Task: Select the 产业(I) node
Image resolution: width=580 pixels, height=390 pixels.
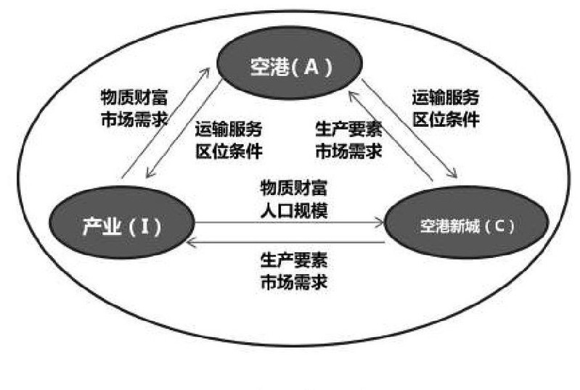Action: tap(121, 222)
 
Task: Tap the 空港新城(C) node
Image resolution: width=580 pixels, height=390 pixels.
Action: tap(467, 222)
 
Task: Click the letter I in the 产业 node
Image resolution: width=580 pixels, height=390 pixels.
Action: tap(145, 226)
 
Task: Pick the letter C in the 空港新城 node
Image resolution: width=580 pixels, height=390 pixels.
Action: tap(498, 225)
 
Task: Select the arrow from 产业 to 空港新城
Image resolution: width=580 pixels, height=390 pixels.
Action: tap(289, 223)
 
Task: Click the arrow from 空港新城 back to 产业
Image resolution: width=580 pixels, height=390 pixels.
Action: tap(285, 242)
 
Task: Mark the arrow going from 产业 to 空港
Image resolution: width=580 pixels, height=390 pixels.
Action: tap(166, 123)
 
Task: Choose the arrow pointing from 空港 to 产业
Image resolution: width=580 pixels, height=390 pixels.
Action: tap(184, 128)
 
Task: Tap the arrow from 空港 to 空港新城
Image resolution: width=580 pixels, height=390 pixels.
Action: tap(409, 128)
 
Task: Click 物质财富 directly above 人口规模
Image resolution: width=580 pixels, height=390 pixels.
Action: tap(294, 188)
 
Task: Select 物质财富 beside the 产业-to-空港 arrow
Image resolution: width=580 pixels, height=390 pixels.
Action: tap(134, 97)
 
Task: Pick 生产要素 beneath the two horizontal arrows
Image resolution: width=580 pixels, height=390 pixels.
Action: tap(294, 260)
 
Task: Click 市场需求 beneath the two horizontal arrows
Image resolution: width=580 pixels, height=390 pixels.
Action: tap(294, 283)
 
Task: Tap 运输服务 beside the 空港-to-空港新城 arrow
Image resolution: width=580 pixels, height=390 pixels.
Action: tap(446, 97)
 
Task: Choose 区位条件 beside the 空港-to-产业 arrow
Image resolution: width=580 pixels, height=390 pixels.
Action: tap(229, 151)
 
